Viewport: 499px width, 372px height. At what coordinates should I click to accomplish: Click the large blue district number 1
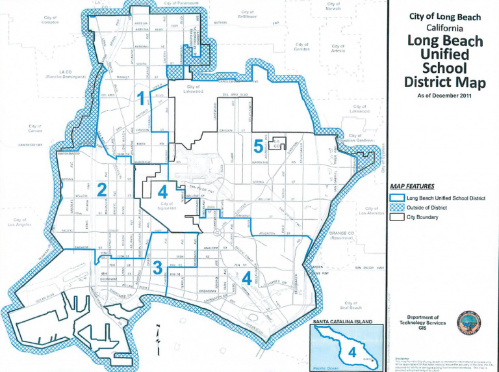[142, 98]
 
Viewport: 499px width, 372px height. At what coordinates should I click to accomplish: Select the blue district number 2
[101, 189]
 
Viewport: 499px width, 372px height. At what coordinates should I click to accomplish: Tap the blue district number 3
[157, 267]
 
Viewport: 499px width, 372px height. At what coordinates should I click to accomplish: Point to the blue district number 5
[259, 146]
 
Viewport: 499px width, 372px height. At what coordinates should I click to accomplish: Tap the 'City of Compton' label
[50, 20]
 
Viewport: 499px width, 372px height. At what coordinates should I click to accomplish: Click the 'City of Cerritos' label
[301, 47]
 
